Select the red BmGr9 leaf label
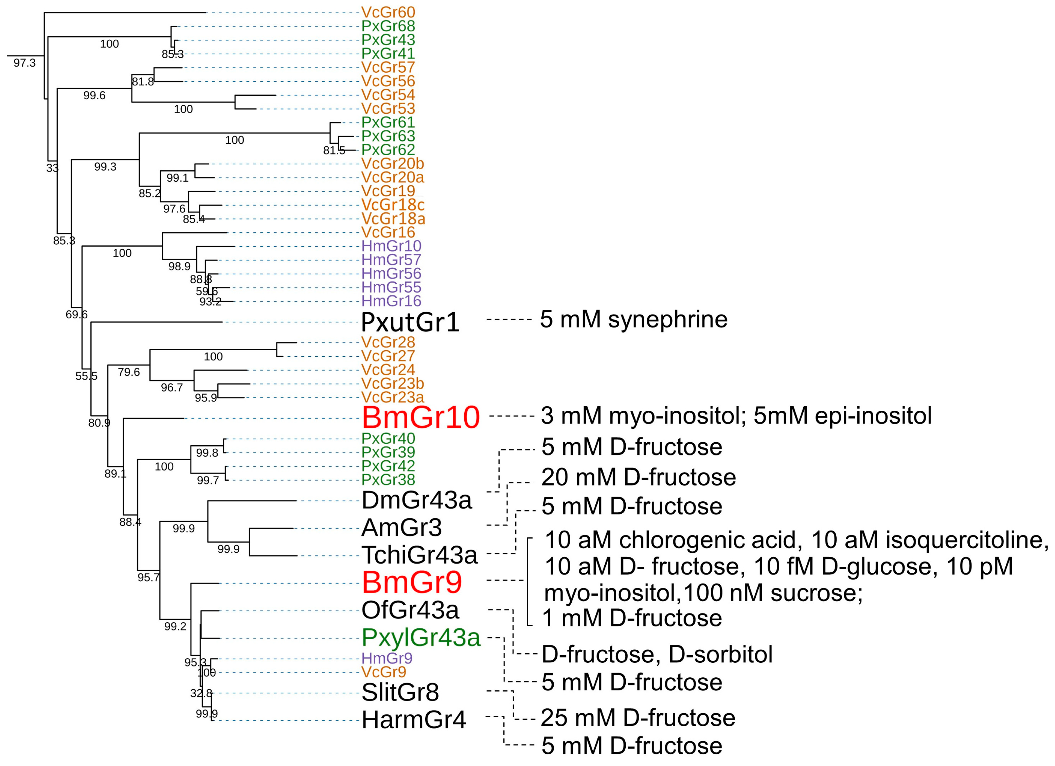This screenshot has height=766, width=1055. tap(412, 582)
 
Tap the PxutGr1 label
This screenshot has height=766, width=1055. tap(410, 322)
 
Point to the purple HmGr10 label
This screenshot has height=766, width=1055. tap(391, 246)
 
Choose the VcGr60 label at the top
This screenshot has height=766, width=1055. tap(388, 12)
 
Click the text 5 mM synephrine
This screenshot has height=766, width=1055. tap(633, 320)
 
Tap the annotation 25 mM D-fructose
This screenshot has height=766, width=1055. tap(638, 718)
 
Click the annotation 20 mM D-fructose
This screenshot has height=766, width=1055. tap(638, 477)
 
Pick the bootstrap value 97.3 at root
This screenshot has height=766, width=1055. tap(24, 63)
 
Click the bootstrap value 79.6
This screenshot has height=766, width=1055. tap(128, 372)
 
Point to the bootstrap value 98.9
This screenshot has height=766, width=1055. tap(179, 267)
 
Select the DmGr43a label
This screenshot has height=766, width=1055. tap(416, 500)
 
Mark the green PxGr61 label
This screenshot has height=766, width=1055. tap(388, 122)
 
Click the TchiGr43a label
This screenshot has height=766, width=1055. tap(419, 554)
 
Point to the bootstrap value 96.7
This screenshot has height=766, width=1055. tap(172, 388)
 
